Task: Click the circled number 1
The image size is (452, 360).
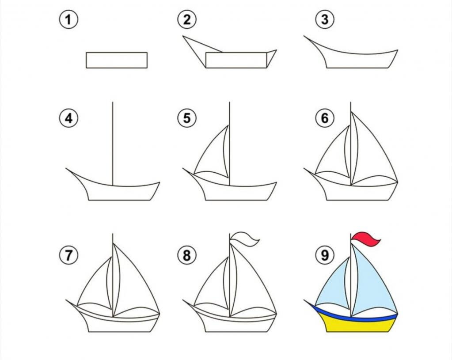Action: point(68,19)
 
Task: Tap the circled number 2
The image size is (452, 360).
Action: point(187,19)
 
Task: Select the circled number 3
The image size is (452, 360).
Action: point(325,19)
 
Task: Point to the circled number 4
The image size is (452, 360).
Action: point(68,118)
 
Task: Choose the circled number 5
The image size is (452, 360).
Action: point(187,118)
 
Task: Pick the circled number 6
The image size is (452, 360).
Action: point(325,118)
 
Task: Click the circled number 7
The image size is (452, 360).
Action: point(68,255)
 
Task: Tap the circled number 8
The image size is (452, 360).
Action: point(187,255)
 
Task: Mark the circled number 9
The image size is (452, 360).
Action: point(325,255)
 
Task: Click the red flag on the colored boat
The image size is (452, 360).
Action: point(365,240)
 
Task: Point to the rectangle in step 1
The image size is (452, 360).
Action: point(117,60)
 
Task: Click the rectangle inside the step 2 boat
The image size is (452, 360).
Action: point(236,60)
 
